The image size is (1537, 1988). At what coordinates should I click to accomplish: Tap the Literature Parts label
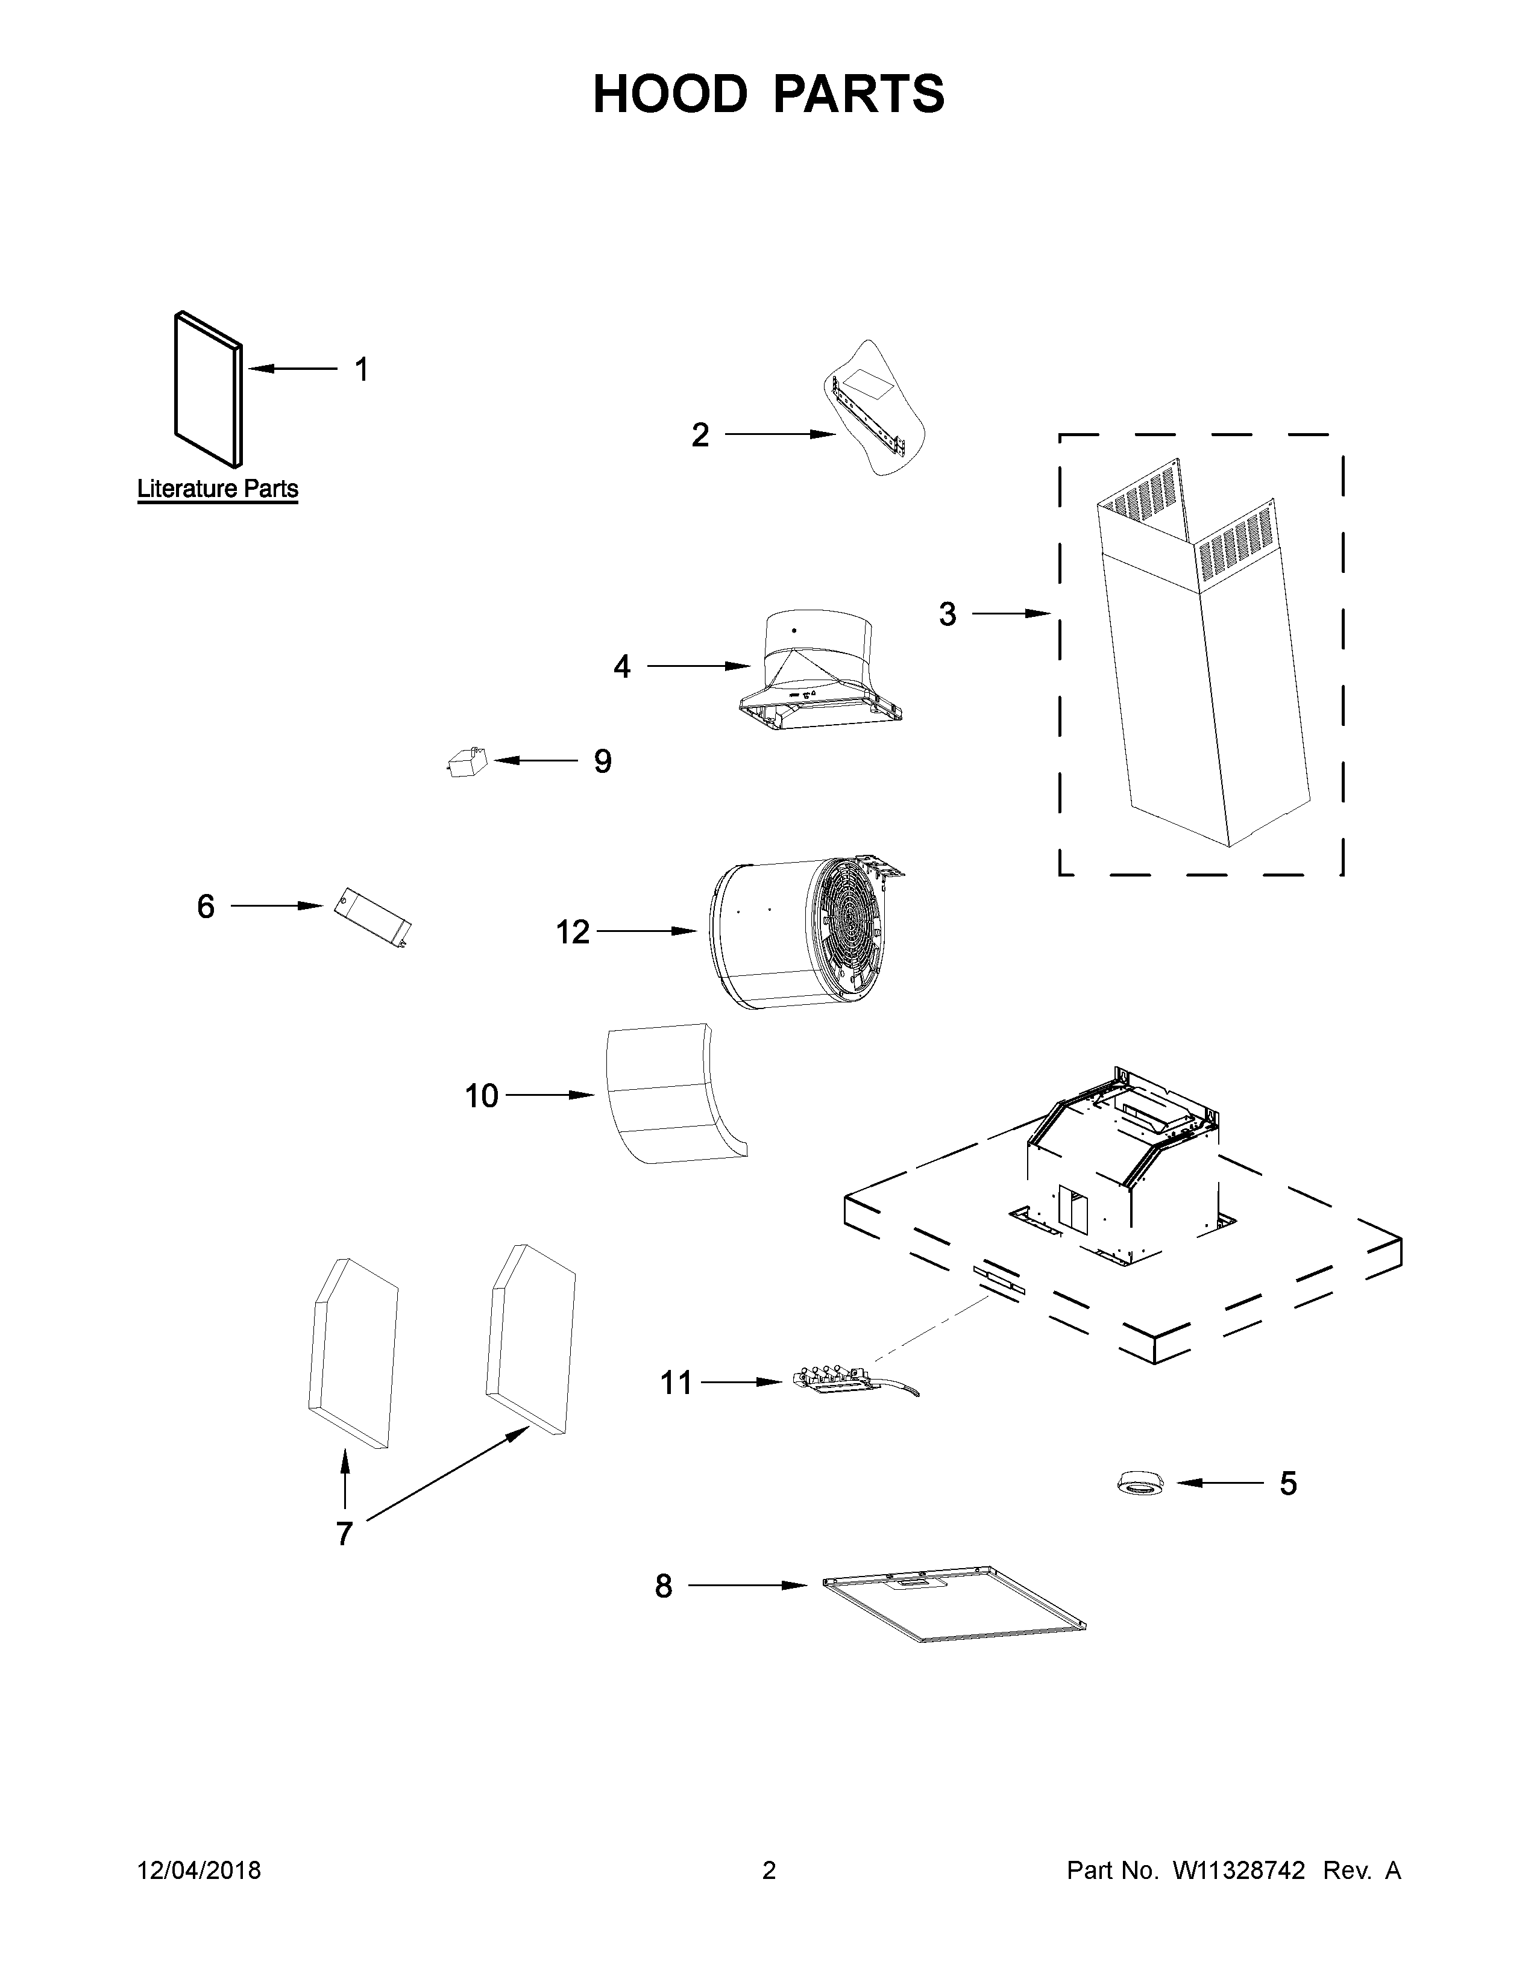[218, 489]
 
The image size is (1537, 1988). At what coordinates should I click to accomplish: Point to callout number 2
[699, 435]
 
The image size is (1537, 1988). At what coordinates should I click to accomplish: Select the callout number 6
[206, 907]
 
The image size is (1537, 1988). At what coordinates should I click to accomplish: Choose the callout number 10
[482, 1096]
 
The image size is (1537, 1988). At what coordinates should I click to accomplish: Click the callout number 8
[664, 1587]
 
